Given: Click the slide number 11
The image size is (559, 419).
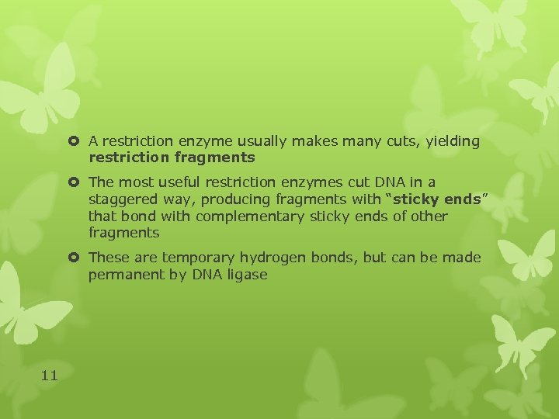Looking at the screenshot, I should point(49,376).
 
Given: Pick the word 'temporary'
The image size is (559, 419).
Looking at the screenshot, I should point(194,258).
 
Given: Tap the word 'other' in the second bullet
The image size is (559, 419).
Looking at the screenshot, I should point(430,216).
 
